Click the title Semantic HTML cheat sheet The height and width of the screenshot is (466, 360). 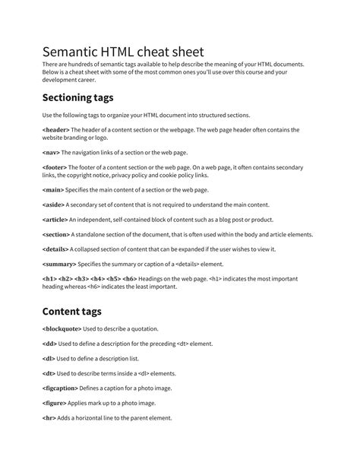point(123,52)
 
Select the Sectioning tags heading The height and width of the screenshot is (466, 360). point(88,97)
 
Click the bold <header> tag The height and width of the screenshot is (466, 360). point(55,130)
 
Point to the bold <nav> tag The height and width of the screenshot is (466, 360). point(51,152)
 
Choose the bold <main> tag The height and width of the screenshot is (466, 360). point(53,189)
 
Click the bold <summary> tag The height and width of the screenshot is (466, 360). point(59,264)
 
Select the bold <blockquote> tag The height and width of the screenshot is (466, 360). point(62,329)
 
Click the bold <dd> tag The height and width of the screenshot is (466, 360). point(49,344)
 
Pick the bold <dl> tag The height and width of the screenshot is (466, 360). point(49,359)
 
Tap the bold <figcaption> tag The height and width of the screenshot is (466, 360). point(62,388)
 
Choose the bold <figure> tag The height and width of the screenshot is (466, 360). point(55,404)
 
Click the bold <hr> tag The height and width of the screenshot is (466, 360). point(49,418)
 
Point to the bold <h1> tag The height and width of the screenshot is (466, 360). point(49,279)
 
